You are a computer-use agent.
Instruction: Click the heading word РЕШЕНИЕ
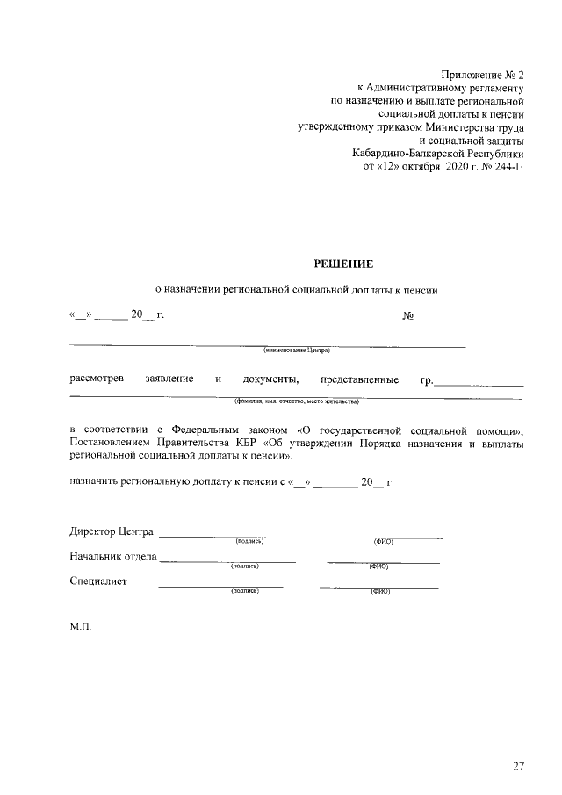[344, 264]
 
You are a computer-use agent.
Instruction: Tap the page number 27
[519, 766]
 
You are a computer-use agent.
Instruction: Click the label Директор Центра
[112, 531]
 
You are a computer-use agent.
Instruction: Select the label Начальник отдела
[113, 556]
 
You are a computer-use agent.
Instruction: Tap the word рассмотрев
[97, 379]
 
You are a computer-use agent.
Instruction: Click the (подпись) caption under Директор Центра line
[249, 542]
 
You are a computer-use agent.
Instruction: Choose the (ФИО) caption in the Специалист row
[380, 592]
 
